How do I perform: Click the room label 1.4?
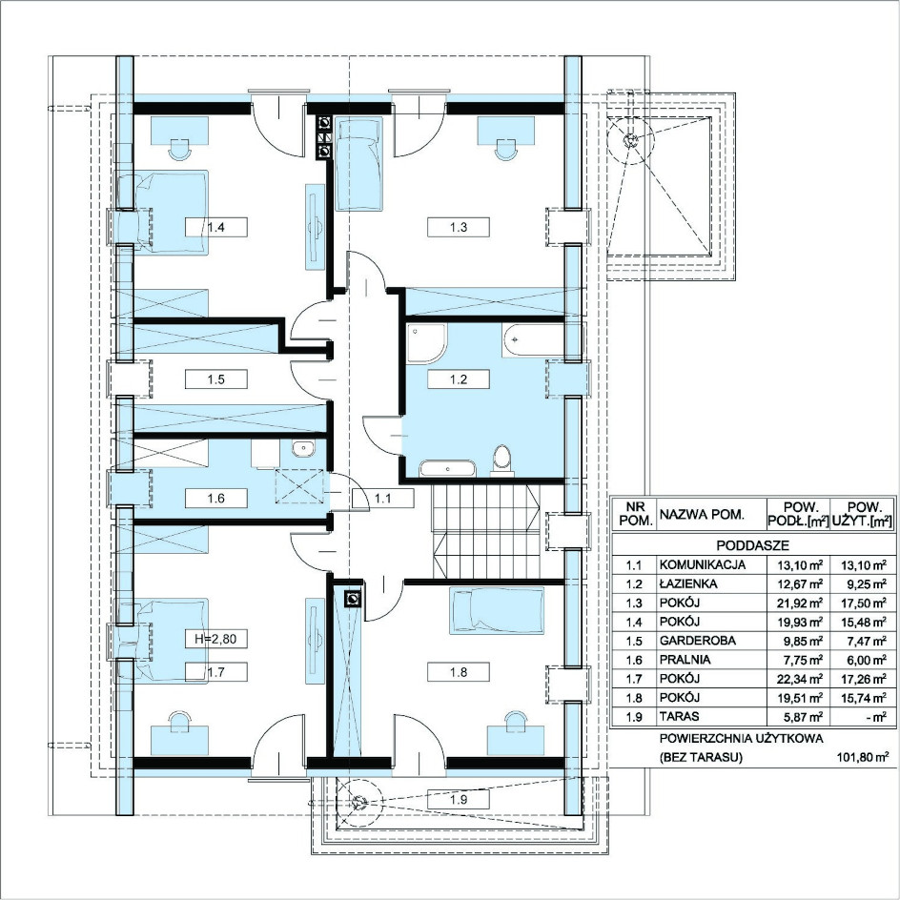(215, 227)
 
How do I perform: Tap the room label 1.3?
(458, 227)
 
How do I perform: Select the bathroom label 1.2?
(458, 379)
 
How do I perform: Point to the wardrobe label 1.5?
(215, 379)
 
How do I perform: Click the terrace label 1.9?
(458, 799)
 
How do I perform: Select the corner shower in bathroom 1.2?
(426, 343)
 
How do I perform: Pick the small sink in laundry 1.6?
(302, 448)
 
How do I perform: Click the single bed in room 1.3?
(358, 164)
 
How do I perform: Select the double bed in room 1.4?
(162, 213)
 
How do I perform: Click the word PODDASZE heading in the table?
(752, 545)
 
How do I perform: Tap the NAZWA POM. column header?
(702, 514)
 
